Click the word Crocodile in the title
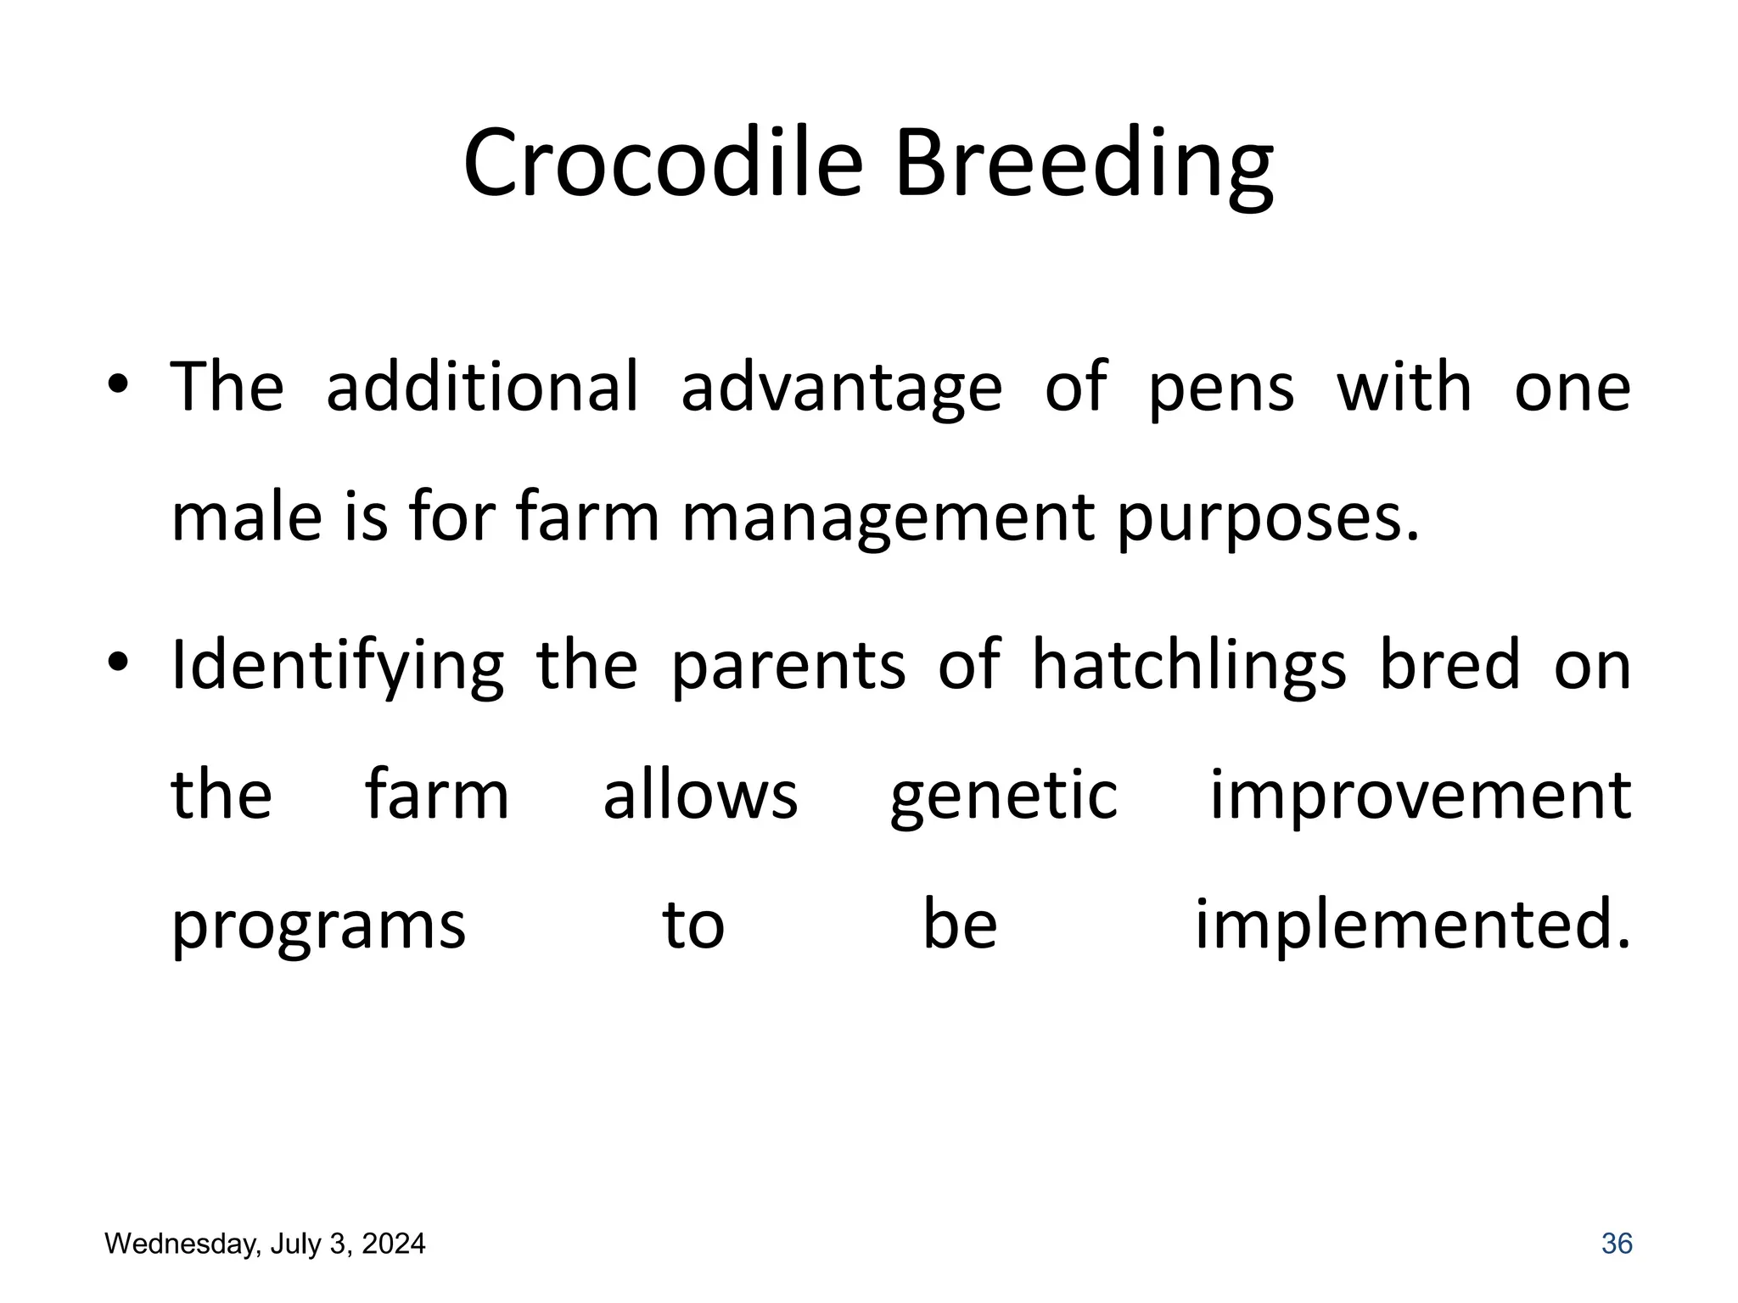pos(662,163)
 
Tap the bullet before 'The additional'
pos(118,387)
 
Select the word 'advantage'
pos(841,389)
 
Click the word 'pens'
pos(1220,389)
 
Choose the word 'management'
pos(887,519)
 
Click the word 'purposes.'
pos(1268,519)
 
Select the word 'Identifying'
pos(337,667)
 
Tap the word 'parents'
pos(788,667)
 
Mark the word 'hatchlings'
pos(1188,667)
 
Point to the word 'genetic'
pos(1003,797)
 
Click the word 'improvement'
pos(1419,797)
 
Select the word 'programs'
pos(318,928)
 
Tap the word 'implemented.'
pos(1412,926)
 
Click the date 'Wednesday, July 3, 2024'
pos(265,1244)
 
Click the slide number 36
pos(1616,1244)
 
